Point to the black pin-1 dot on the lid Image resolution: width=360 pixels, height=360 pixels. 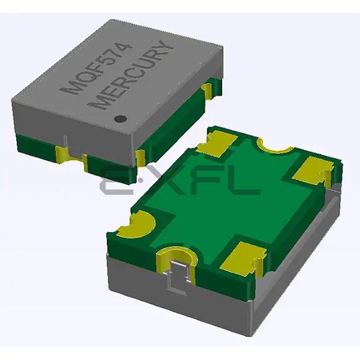click(123, 117)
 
